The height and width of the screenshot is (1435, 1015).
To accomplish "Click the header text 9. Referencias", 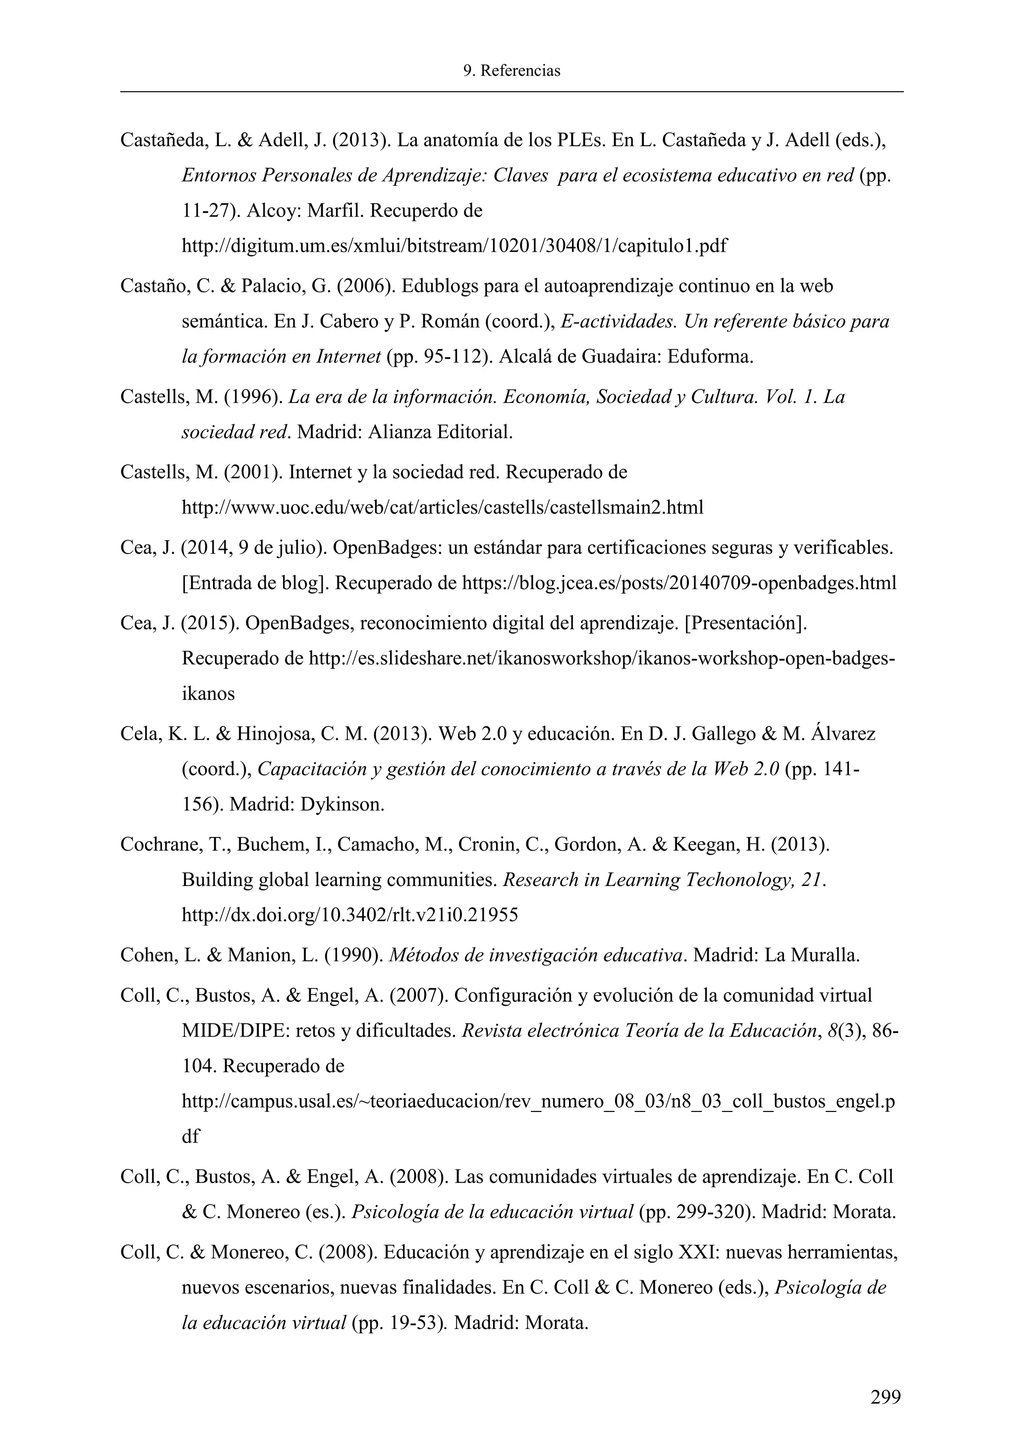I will pos(511,71).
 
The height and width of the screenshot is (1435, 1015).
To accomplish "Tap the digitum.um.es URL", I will pos(454,246).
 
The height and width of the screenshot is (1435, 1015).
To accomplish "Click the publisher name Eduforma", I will pos(710,357).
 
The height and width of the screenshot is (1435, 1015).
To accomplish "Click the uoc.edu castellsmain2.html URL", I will pos(442,507).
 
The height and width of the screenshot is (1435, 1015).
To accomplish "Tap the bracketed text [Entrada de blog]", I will pos(255,583).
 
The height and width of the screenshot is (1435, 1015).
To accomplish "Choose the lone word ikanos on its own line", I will pos(208,693).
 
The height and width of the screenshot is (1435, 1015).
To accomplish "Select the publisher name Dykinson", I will pos(342,804).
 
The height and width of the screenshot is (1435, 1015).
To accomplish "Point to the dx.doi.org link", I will pos(349,915).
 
